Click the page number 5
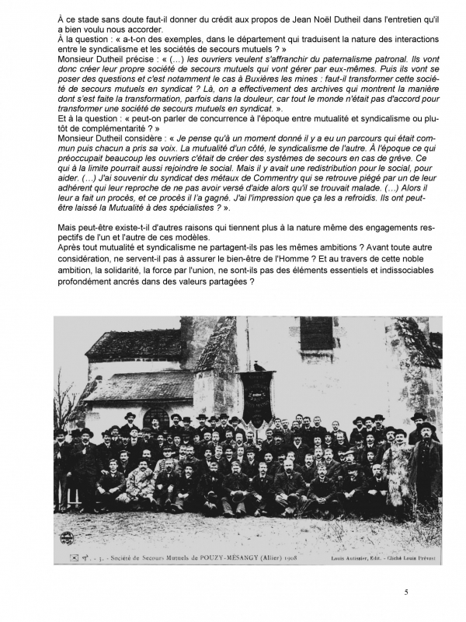pos(405,593)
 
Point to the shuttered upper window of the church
pos(317,334)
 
